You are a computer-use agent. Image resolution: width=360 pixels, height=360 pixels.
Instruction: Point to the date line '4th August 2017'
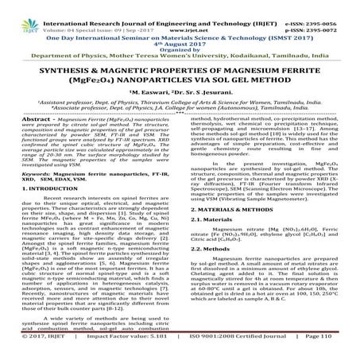click(x=180, y=30)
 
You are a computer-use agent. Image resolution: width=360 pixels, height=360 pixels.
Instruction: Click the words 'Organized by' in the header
click(x=180, y=37)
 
